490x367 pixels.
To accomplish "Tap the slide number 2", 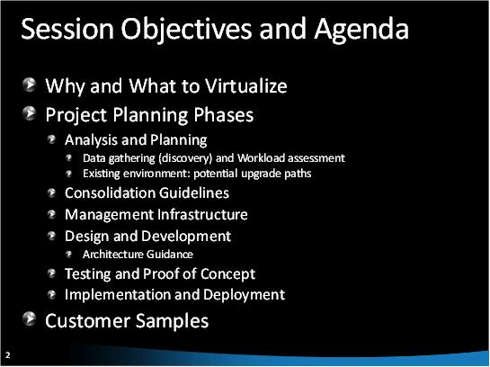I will coord(7,354).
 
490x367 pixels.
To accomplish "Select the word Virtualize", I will coord(244,87).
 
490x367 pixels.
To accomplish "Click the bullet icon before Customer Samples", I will coord(31,319).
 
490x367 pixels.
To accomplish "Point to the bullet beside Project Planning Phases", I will coord(31,114).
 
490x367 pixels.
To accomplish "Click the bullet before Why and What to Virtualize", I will coord(31,86).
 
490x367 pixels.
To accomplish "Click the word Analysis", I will coord(92,140).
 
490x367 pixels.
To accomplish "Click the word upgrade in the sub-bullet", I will coord(253,174).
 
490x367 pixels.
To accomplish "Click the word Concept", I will coord(228,273).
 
